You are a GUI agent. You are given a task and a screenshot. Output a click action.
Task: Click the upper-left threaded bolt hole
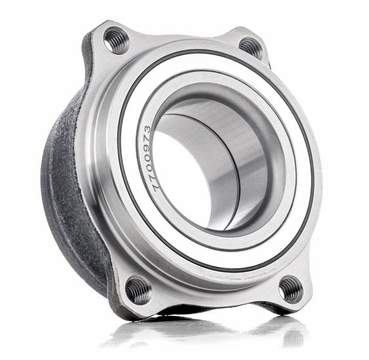[x=117, y=41]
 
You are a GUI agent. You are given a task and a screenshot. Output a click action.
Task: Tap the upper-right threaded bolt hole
[x=251, y=48]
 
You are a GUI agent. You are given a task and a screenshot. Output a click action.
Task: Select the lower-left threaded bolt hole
[x=138, y=291]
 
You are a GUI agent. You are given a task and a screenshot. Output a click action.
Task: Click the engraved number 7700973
[x=152, y=159]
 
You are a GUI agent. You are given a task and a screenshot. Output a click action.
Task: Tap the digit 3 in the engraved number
[x=147, y=130]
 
